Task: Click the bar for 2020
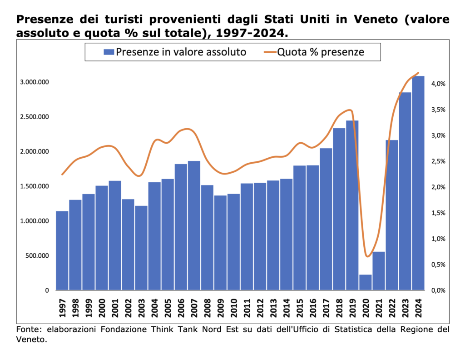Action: (366, 282)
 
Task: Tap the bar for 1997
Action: (62, 250)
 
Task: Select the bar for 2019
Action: (352, 205)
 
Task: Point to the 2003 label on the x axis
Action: (142, 307)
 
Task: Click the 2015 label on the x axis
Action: (300, 307)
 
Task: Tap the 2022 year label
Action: (392, 307)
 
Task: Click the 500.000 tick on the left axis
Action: (36, 255)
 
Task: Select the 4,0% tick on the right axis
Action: (439, 84)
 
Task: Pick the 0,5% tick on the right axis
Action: (439, 265)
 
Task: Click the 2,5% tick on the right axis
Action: (439, 161)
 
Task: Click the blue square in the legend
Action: (109, 52)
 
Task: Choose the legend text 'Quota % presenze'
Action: (321, 52)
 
